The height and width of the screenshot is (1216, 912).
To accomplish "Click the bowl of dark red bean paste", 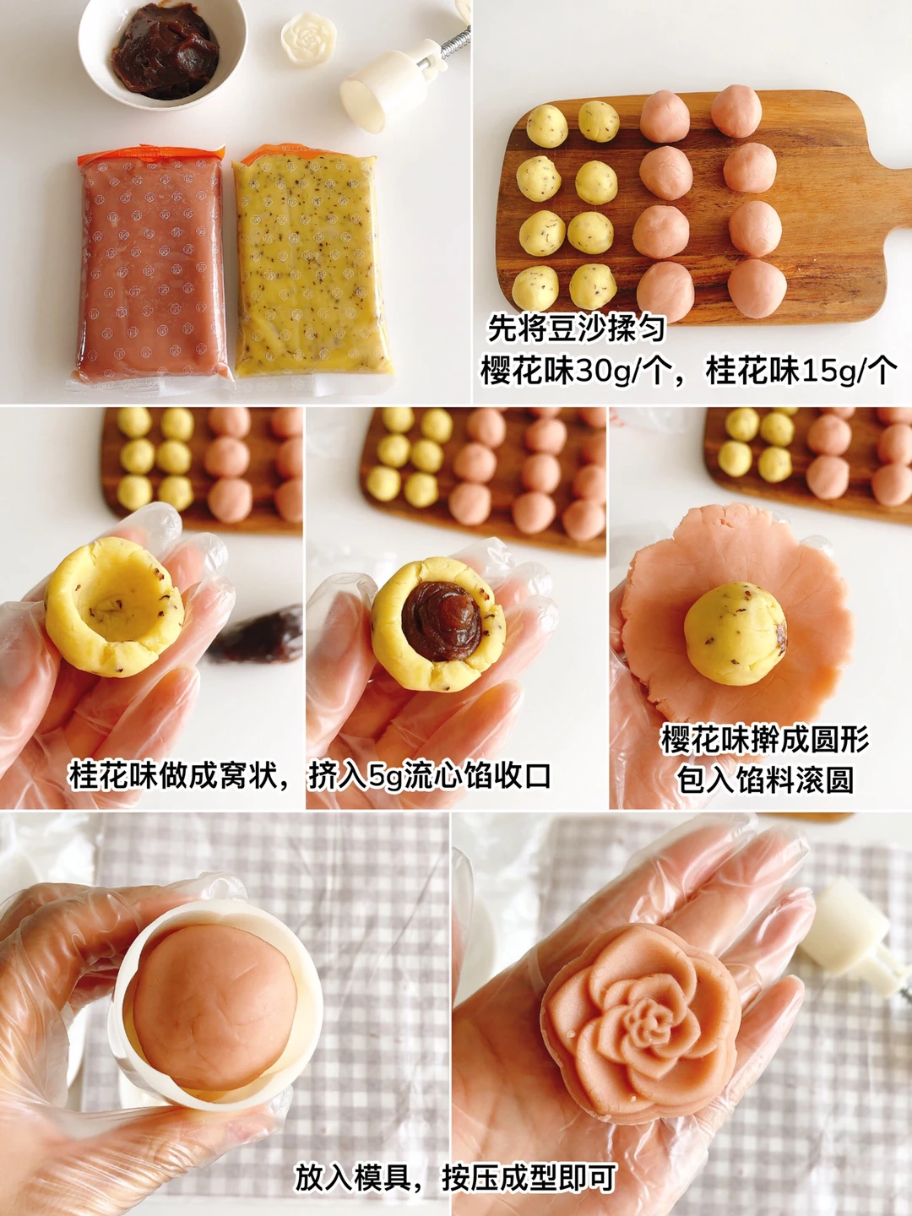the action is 162,52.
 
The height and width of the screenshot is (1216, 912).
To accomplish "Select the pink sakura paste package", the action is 151,264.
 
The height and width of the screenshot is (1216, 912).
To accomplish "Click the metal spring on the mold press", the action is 455,41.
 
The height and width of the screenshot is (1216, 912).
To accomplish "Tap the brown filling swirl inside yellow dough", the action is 441,618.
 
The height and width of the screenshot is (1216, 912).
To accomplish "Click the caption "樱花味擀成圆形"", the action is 765,740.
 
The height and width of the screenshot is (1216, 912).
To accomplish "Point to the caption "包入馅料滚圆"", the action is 765,779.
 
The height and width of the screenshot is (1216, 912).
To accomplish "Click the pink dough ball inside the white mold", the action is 214,1014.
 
